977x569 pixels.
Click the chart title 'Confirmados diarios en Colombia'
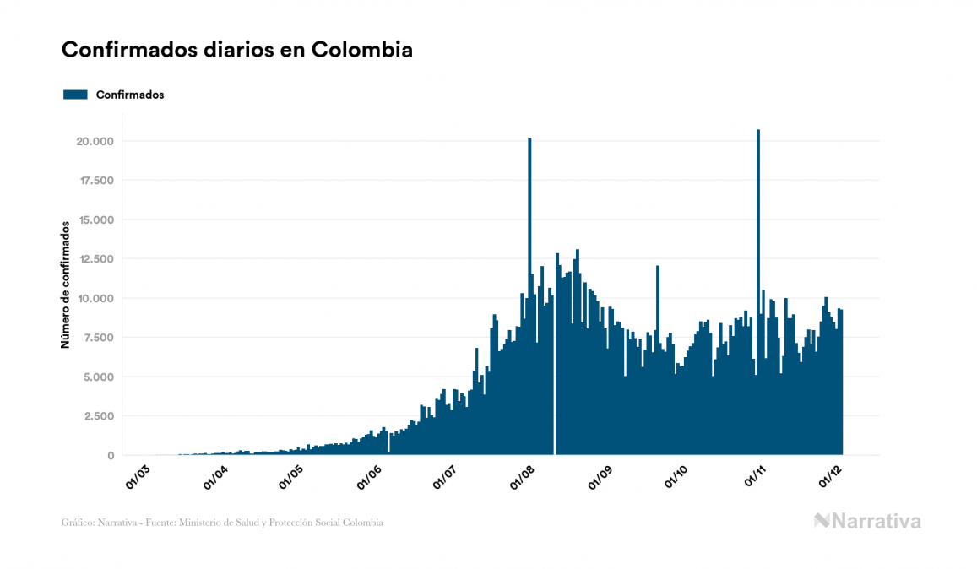point(237,50)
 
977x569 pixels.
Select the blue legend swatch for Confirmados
point(76,95)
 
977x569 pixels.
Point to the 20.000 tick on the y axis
point(94,141)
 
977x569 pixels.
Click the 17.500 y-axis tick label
point(95,181)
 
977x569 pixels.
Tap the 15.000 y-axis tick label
point(95,219)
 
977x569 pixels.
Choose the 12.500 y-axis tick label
point(95,259)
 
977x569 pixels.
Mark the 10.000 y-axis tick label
point(95,298)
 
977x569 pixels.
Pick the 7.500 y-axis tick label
point(97,338)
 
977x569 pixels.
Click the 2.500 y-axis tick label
point(97,416)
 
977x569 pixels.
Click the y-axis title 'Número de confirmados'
point(65,285)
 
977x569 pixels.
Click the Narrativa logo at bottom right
point(867,521)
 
